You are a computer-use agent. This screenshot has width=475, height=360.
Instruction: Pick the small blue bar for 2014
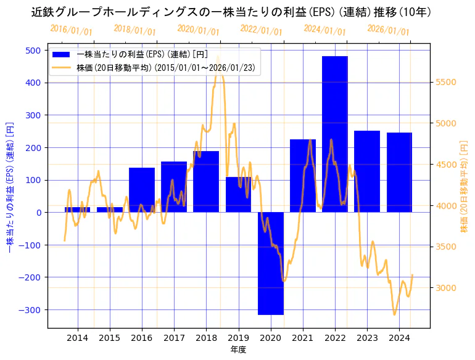(77, 210)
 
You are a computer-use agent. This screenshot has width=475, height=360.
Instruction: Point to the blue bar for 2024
(399, 173)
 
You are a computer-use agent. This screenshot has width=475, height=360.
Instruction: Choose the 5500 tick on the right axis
(446, 82)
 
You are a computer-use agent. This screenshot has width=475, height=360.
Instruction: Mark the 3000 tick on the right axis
(446, 288)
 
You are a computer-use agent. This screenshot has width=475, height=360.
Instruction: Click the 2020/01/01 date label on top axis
(198, 30)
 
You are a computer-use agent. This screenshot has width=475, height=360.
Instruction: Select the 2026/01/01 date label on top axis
(388, 30)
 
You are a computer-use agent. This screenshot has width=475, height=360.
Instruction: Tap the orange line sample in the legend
(62, 68)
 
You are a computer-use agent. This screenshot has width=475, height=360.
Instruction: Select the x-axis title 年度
(239, 350)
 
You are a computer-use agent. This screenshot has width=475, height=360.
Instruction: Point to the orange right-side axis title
(465, 186)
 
